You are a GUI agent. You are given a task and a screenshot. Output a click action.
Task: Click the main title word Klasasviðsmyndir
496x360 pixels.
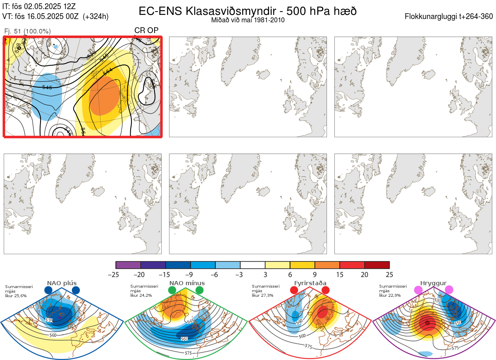tap(215, 11)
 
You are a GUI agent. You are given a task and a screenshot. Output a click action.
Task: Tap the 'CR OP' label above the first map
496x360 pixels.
tap(146, 31)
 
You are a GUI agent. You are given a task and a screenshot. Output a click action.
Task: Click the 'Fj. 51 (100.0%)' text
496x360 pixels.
tap(27, 31)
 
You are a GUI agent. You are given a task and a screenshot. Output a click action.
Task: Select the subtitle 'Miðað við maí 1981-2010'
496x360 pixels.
tap(248, 20)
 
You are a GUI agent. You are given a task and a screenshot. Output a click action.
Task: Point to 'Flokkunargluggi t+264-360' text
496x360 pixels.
tap(449, 17)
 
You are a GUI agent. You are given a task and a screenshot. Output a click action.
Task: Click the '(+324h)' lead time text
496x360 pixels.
tap(95, 17)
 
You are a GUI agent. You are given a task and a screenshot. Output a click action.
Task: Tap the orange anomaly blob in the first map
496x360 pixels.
tap(104, 97)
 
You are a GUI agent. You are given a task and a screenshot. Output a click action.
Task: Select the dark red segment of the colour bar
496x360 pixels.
tap(377, 265)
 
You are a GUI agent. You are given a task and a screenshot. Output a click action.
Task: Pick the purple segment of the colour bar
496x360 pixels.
tap(128, 265)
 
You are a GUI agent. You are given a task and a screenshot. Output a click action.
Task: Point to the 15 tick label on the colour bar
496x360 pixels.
tap(340, 274)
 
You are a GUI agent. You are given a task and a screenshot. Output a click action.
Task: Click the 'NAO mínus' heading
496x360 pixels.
tap(186, 283)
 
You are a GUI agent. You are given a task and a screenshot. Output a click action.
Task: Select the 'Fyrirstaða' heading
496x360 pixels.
tap(310, 283)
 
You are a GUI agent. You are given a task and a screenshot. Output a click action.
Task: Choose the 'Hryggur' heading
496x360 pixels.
tap(434, 283)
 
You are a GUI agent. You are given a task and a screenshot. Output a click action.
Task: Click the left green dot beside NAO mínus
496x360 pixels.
tap(172, 290)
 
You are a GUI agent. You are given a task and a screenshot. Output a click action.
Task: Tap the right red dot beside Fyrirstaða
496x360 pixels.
tap(325, 290)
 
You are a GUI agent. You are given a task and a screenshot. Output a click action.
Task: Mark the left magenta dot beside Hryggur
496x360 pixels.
tap(418, 290)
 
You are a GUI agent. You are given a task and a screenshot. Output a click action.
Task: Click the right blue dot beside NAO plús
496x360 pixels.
tap(76, 290)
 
